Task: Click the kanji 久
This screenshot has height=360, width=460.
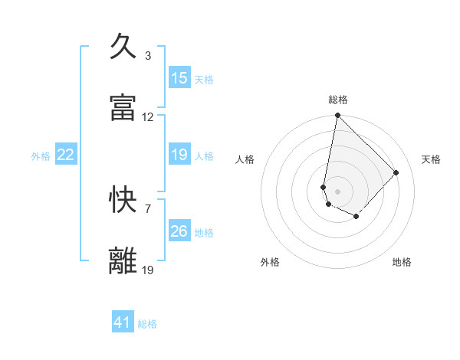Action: [124, 47]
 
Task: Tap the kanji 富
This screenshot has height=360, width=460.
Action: [124, 108]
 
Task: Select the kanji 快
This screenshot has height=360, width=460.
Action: [124, 200]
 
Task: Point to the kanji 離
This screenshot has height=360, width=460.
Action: [124, 261]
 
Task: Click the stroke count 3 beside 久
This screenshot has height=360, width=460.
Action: [148, 56]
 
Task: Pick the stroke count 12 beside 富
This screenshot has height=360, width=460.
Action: [148, 117]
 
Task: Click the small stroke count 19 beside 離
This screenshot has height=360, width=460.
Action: [148, 270]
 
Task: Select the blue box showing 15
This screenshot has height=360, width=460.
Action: [179, 78]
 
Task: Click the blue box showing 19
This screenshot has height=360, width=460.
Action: [179, 155]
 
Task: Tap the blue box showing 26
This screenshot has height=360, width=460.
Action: [179, 231]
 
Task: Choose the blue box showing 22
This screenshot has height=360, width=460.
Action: [66, 155]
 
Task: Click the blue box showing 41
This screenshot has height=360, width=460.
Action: [123, 322]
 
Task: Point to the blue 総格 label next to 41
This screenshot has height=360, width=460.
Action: [147, 324]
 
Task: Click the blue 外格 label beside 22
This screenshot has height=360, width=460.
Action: [41, 156]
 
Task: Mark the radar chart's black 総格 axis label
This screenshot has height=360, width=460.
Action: [338, 100]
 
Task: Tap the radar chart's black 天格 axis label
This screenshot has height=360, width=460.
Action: [431, 159]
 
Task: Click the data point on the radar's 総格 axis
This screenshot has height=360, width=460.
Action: [337, 116]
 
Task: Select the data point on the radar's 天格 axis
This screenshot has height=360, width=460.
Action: [396, 172]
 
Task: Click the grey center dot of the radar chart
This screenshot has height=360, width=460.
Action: [337, 191]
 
